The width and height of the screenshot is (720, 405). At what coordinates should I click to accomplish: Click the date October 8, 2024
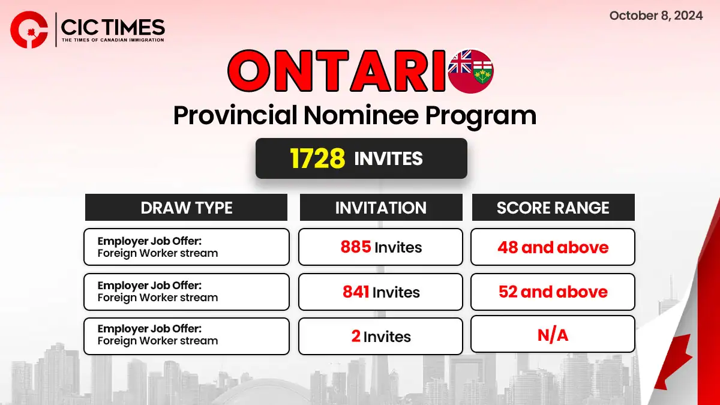(656, 16)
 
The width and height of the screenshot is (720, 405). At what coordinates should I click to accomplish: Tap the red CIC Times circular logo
(29, 29)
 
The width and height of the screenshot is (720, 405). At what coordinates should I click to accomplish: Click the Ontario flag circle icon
(471, 71)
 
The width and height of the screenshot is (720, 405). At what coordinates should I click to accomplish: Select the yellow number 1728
(317, 158)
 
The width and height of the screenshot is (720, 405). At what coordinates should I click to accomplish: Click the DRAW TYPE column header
(186, 208)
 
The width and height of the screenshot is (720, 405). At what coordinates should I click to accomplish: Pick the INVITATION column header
(381, 208)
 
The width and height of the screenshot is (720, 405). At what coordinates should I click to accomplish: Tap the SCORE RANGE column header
(553, 208)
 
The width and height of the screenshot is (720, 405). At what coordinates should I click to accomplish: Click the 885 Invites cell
(380, 247)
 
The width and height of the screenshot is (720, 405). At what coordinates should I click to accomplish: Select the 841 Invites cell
(380, 292)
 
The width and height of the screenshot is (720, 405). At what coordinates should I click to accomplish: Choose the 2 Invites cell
(380, 336)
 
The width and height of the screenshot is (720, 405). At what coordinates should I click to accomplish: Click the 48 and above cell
(553, 247)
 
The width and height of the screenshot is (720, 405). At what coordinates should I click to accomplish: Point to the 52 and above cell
(553, 292)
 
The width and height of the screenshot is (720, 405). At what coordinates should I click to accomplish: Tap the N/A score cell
(553, 334)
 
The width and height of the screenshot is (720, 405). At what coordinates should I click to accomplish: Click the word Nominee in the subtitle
(361, 115)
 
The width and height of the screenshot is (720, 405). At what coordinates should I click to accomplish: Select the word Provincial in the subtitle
(235, 116)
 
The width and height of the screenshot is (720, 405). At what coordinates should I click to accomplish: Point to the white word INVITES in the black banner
(388, 158)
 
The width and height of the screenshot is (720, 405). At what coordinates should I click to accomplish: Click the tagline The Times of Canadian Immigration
(113, 40)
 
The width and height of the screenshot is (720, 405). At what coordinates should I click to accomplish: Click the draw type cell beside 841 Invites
(187, 292)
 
